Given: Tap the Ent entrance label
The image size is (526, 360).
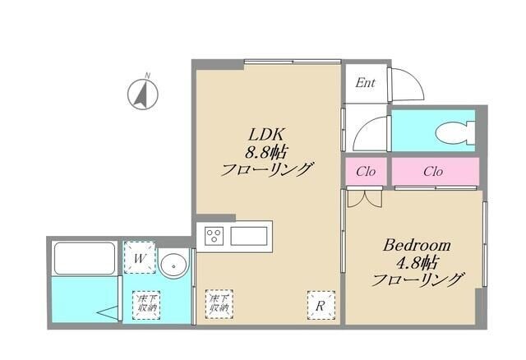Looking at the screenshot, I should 366,82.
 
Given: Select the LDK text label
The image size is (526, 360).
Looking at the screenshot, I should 268,134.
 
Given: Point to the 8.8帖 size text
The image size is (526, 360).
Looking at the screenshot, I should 269,152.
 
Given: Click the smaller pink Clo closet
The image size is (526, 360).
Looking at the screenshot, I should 366,172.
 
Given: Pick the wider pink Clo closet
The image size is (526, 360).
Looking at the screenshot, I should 434,172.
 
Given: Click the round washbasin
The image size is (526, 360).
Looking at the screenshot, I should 173,265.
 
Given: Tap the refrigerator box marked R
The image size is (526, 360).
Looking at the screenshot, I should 320,305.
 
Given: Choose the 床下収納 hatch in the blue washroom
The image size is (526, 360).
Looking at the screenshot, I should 146,304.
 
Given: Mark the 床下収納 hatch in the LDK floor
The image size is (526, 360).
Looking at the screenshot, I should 219,304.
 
